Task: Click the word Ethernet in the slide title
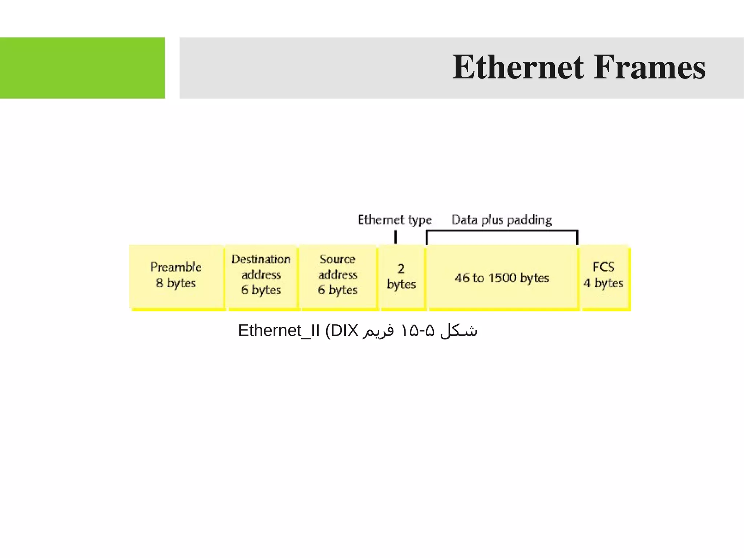pos(518,67)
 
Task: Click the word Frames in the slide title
pos(649,67)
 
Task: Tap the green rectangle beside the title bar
pos(82,68)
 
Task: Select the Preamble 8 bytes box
pos(176,276)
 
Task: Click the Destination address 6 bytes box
pos(261,276)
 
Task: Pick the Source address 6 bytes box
pos(338,276)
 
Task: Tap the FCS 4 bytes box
pos(603,276)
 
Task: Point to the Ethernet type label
pos(395,220)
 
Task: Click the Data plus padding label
pos(502,220)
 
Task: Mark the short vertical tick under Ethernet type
pos(396,237)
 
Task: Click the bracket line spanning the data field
pos(502,230)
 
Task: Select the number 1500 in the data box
pos(502,278)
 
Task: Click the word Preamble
pos(176,267)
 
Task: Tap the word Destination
pos(261,259)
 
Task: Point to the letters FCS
pos(603,267)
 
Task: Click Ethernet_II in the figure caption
pos(279,331)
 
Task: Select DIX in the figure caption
pos(344,331)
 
